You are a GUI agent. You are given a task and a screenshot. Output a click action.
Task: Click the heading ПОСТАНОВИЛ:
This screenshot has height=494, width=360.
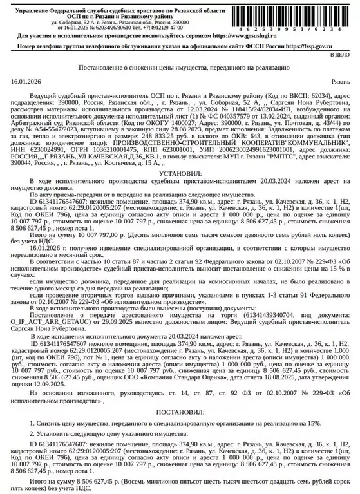179,411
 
